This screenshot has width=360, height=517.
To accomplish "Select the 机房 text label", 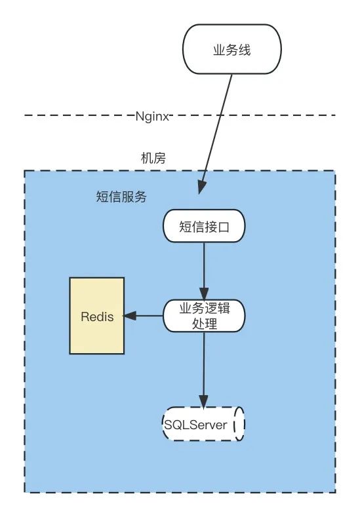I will (152, 158).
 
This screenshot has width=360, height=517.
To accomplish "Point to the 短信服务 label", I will (121, 197).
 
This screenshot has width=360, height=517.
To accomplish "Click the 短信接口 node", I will (203, 226).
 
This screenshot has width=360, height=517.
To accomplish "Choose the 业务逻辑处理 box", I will (203, 316).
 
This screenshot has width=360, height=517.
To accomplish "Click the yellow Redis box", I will (97, 316).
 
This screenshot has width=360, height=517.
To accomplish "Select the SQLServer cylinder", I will (203, 425).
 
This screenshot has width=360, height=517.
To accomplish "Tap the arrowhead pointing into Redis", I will (130, 316).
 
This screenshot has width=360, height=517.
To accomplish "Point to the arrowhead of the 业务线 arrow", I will (202, 189).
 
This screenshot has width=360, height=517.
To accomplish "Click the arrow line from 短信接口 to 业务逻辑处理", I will (203, 265).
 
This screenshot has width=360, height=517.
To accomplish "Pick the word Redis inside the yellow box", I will (97, 316).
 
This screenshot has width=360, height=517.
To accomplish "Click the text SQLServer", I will (196, 425).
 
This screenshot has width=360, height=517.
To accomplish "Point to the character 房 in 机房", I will (159, 158).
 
